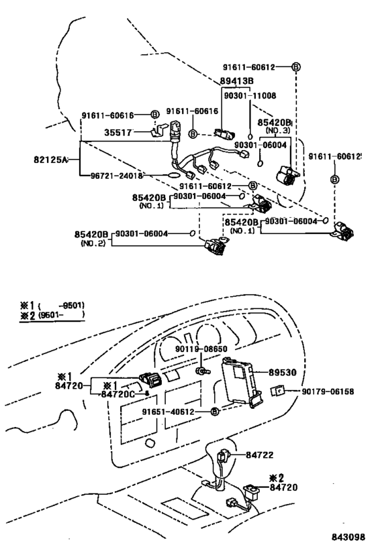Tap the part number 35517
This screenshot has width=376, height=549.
coord(117,133)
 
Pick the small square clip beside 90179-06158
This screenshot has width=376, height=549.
coord(277,390)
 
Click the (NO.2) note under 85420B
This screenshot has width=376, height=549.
coord(91,243)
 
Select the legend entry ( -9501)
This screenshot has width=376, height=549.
coord(60,304)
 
